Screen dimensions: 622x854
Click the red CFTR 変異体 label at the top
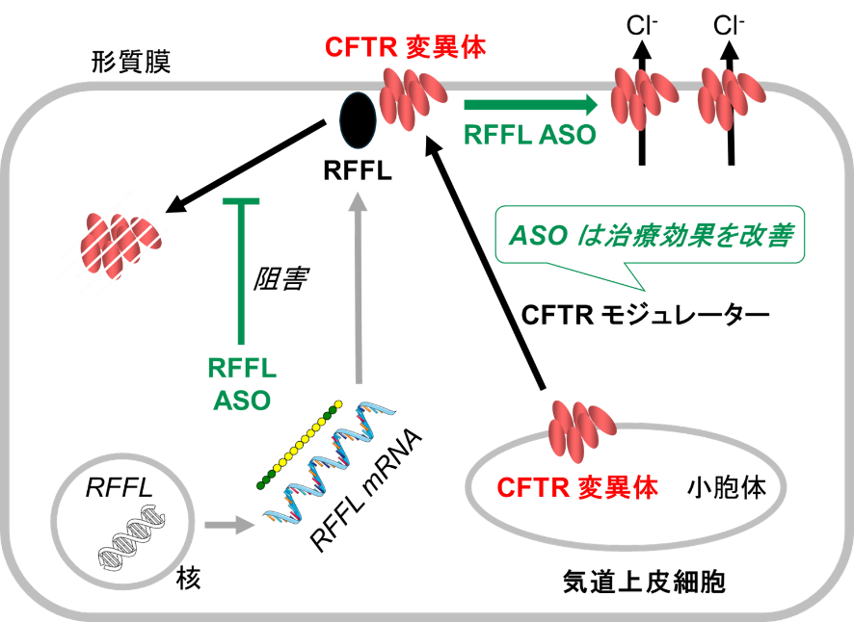pos(405,47)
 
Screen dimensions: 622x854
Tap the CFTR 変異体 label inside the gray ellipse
pos(577,488)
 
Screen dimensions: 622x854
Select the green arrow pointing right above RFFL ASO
pos(530,105)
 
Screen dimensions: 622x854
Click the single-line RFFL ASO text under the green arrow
pos(530,136)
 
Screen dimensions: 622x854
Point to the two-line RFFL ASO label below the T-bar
pos(241,383)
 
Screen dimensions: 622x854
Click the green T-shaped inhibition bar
pos(241,270)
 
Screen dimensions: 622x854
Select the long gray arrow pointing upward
pos(359,289)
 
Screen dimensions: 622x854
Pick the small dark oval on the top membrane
pos(357,120)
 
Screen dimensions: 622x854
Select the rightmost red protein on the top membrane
pos(731,96)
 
